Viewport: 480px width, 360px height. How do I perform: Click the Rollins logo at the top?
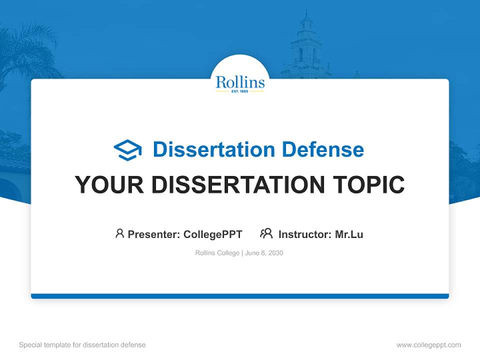point(240,82)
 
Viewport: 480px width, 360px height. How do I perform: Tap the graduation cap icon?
point(127,149)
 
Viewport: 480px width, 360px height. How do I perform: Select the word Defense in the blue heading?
point(322,149)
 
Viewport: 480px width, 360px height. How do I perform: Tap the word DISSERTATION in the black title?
point(236,184)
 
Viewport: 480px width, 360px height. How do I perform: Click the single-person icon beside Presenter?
point(119,233)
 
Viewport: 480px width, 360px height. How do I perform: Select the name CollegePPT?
point(212,234)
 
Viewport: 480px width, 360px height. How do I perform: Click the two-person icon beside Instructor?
point(266,233)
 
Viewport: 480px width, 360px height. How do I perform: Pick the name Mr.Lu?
point(349,234)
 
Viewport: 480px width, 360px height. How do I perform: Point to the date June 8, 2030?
point(264,253)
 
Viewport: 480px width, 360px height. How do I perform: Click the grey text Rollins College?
point(217,253)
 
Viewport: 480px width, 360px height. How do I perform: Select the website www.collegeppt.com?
point(428,345)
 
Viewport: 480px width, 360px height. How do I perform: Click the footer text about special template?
point(82,345)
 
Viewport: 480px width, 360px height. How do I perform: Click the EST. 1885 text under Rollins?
point(240,92)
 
